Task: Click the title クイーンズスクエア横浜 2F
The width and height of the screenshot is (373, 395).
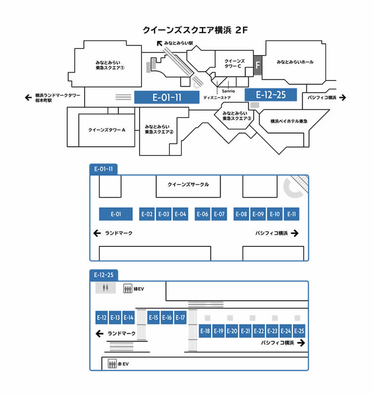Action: (x=194, y=30)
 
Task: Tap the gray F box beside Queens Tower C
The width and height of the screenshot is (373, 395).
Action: (x=257, y=65)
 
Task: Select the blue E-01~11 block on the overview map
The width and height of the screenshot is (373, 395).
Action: (x=167, y=97)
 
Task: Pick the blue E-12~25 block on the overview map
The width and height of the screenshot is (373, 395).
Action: (x=271, y=95)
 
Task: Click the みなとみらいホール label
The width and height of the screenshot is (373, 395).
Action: (x=295, y=62)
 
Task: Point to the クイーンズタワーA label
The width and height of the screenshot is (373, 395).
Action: (x=107, y=130)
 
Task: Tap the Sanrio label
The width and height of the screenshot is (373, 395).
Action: (x=229, y=91)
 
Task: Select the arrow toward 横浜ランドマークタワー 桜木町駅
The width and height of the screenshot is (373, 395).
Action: (x=28, y=97)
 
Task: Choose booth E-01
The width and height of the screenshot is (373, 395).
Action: (x=116, y=214)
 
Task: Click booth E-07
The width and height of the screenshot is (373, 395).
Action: (x=219, y=214)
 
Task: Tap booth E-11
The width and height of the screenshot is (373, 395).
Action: (x=292, y=214)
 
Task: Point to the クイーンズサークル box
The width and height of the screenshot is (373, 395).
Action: (x=188, y=185)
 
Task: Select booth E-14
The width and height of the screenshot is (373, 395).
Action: (x=129, y=317)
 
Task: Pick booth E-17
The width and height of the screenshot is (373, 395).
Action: (x=180, y=317)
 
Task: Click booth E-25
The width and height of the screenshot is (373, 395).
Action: (x=299, y=331)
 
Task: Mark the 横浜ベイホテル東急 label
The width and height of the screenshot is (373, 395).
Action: (x=289, y=121)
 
